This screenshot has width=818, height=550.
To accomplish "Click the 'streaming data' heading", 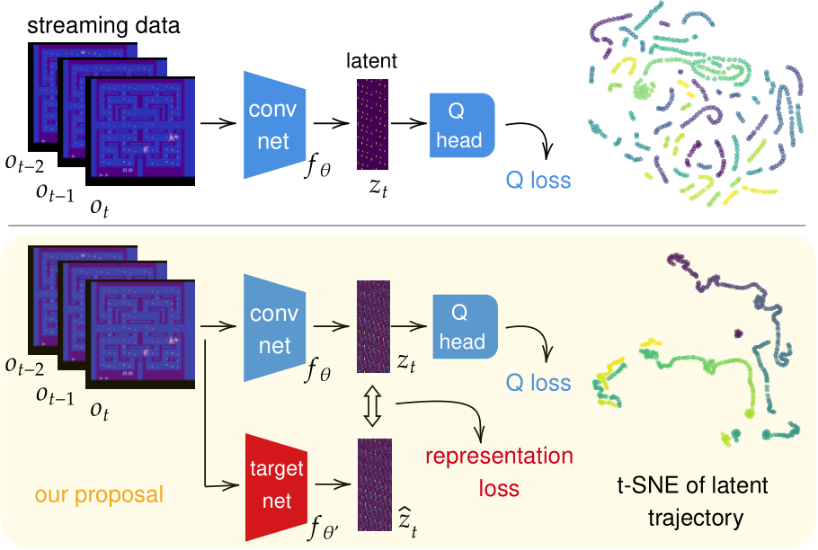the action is [103, 25].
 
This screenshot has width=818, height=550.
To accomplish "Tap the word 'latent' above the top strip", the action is [371, 60].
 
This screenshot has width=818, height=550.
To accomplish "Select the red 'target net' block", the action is [277, 487].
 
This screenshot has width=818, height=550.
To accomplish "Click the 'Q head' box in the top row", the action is [462, 125].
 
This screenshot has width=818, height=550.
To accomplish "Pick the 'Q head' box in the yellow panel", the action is [465, 326].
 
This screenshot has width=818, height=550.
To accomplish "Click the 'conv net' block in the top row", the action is [274, 125].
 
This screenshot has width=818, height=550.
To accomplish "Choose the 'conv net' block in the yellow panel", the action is [274, 328].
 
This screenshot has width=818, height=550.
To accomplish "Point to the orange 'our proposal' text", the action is [99, 494].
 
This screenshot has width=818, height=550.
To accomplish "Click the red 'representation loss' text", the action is [499, 472].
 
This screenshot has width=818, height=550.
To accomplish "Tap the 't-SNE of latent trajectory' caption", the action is [693, 501].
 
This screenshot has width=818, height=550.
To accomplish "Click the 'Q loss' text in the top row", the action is [538, 181].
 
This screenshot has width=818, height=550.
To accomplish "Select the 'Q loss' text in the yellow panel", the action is [538, 383].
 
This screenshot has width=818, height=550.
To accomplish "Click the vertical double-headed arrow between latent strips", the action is [372, 405].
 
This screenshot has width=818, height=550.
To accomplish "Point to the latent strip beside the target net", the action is [375, 484].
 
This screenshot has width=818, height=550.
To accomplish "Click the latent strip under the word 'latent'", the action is [372, 124].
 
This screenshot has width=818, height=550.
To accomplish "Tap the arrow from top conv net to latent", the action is [332, 123].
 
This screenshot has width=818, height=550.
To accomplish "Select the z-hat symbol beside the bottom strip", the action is [407, 521].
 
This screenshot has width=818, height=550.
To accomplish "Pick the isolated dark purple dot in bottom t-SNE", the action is [738, 333].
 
